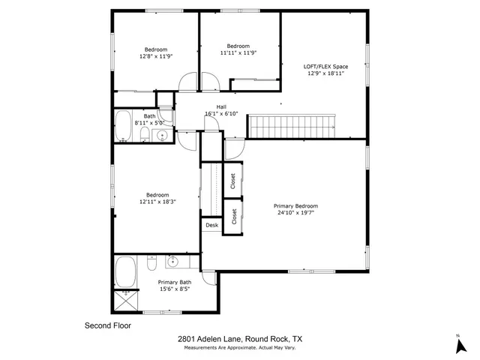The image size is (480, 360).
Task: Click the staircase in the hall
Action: pos(294,126)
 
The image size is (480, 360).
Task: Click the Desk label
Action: pos(211,225)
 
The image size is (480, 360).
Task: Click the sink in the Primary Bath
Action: pos(172,262)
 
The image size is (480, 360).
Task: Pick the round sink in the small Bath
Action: pos(160,136)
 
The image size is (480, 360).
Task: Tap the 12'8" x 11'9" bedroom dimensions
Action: pos(157,56)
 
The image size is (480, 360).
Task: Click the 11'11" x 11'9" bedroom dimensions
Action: pos(239,52)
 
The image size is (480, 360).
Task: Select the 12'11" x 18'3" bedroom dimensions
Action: pos(157,202)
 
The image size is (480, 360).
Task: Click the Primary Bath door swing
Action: pos(210,277)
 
